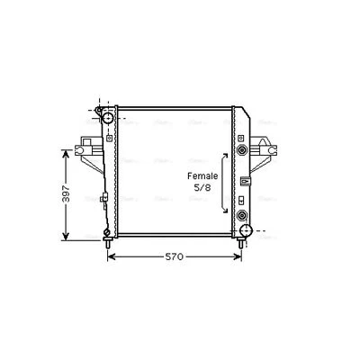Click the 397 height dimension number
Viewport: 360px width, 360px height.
coord(67,193)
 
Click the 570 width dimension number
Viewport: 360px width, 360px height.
coord(174,256)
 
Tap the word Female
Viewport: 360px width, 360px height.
coord(202,176)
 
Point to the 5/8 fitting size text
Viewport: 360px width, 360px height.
coord(202,188)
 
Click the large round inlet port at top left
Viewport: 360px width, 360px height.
coord(108,117)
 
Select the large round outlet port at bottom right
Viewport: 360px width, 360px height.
coord(246,231)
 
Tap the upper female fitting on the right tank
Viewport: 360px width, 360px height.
coord(242,149)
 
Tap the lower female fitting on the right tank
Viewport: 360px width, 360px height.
coord(242,215)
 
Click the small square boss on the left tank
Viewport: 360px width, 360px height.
coord(109,138)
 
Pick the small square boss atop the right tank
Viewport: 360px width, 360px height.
coord(240,139)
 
